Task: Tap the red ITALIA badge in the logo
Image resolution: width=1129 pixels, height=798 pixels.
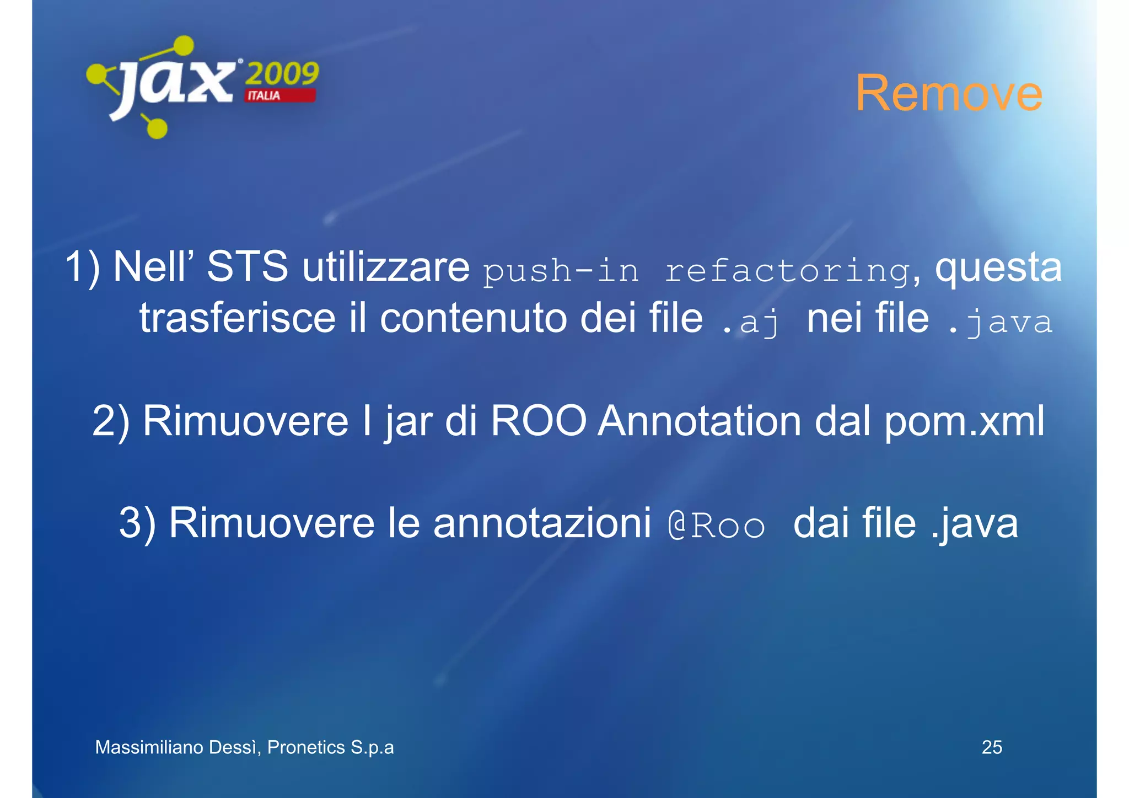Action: coord(280,95)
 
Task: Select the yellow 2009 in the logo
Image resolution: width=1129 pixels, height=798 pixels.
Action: coord(282,73)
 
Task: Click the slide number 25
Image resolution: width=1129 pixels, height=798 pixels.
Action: coord(992,747)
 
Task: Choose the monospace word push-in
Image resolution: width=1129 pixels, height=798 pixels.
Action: coord(561,271)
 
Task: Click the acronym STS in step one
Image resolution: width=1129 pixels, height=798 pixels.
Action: coord(247,266)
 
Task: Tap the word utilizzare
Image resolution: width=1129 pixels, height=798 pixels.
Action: coord(386,266)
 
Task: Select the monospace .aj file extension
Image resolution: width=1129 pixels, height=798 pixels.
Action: coord(751,322)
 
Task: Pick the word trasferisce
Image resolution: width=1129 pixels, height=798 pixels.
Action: coord(237,318)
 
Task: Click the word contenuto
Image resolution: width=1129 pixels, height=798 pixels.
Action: coord(474,318)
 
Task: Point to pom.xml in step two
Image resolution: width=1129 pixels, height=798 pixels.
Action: coord(964,421)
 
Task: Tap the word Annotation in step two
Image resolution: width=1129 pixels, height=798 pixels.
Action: coord(699,421)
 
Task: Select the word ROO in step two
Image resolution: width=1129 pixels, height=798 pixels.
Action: coord(538,421)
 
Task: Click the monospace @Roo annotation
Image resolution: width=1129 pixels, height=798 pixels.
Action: coord(716,526)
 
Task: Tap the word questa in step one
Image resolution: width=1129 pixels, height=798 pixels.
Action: coord(998,267)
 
